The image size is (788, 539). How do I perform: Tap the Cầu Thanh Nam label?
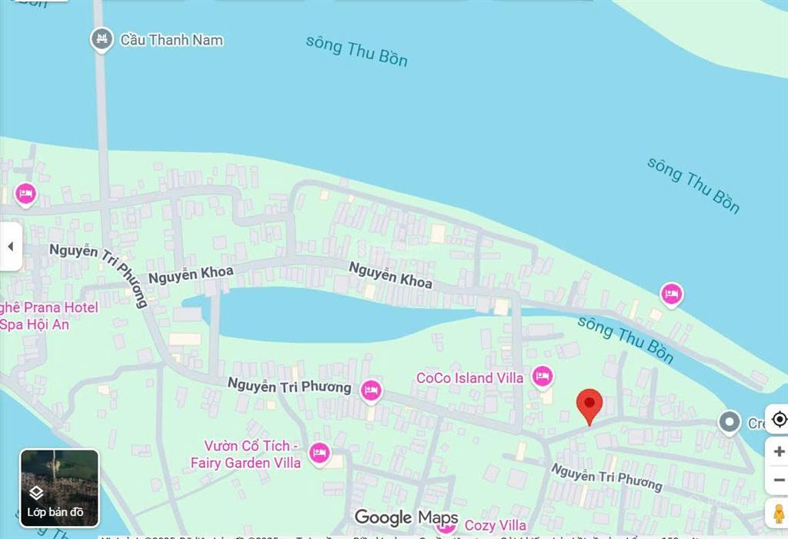coord(172,40)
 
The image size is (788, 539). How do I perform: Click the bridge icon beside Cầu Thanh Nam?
coord(102,39)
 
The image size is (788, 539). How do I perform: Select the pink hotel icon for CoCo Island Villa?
coord(543,377)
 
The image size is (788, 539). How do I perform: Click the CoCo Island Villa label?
coord(469,378)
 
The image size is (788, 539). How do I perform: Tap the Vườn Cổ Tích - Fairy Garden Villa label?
coord(246,454)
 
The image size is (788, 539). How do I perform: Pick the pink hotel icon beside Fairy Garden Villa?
coord(319,453)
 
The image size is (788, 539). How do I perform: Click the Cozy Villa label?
coord(496,526)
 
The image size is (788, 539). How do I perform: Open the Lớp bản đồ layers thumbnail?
coord(59,487)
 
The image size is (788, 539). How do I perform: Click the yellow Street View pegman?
coord(778,513)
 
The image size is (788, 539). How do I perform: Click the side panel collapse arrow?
coord(11,247)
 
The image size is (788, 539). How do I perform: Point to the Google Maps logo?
coord(406,517)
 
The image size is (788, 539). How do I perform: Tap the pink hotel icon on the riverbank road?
coord(672,294)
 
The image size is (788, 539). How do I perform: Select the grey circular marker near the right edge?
coord(729,421)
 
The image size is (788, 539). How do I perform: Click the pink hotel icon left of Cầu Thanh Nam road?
coord(26,194)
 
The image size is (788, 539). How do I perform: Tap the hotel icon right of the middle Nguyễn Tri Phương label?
coord(371,390)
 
